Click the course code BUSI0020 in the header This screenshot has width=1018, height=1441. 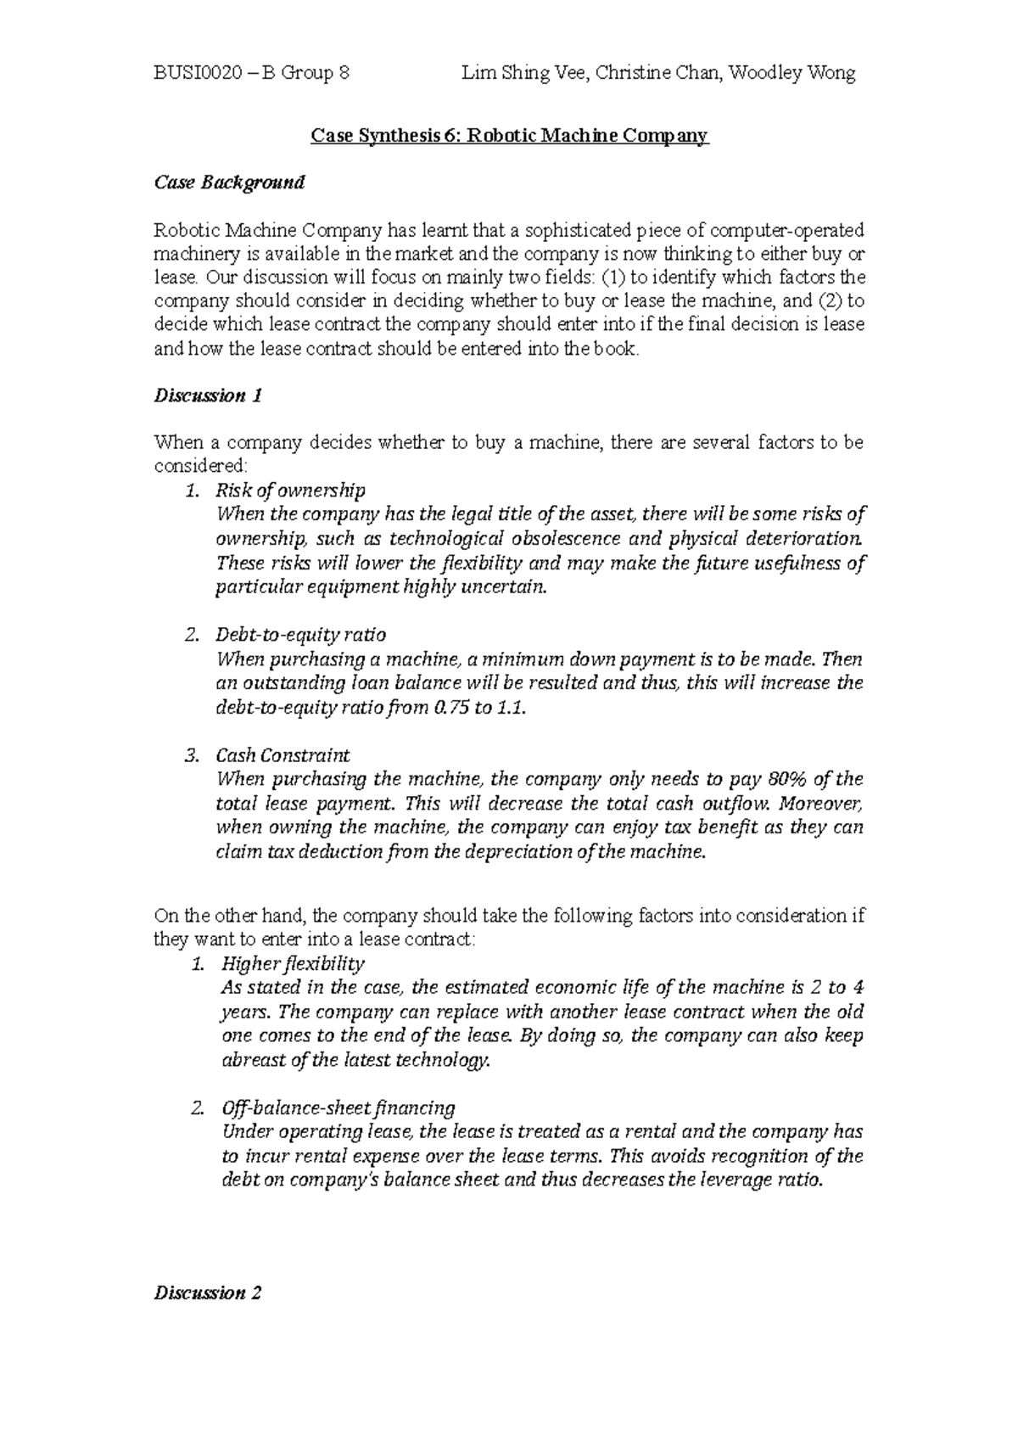tap(194, 73)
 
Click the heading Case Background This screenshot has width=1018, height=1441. tap(228, 182)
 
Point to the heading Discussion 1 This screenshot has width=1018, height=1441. tap(207, 395)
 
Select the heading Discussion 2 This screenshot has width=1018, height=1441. tap(207, 1293)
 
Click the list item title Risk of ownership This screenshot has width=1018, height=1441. tap(291, 491)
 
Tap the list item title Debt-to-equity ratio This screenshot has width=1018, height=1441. tap(301, 635)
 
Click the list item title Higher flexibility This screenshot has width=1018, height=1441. tap(293, 963)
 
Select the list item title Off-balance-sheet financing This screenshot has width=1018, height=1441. tap(338, 1107)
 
